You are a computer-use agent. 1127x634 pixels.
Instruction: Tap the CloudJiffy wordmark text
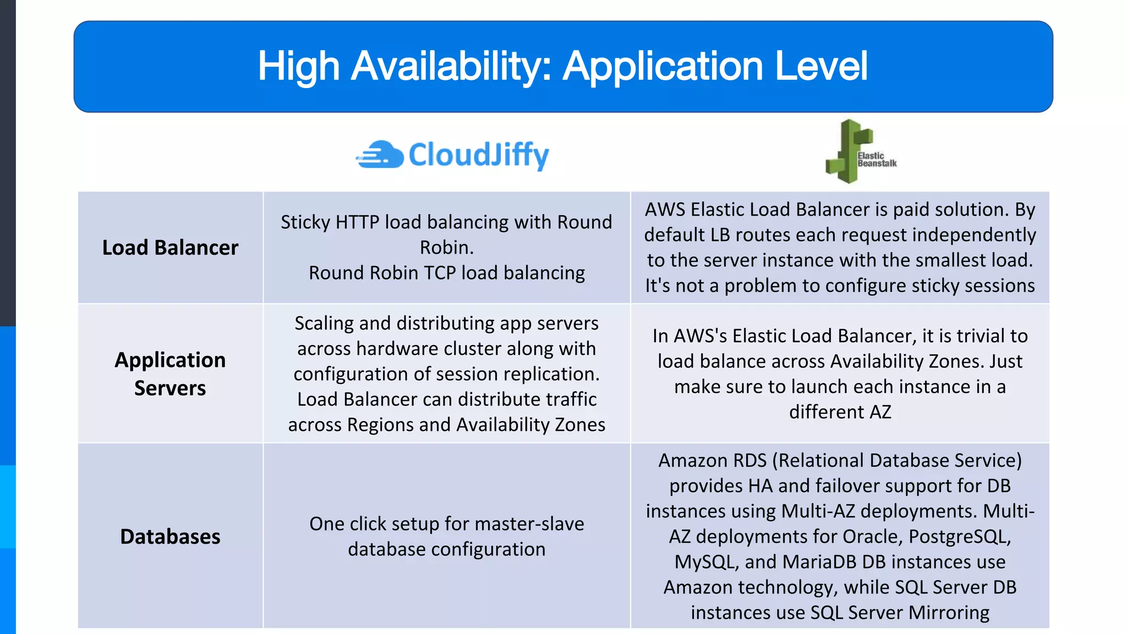[479, 155]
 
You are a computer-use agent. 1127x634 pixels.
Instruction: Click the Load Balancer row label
[170, 248]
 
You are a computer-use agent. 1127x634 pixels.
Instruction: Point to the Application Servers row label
[170, 374]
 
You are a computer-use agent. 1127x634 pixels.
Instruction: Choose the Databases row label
[170, 537]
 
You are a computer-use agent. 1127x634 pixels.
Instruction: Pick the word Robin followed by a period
[446, 248]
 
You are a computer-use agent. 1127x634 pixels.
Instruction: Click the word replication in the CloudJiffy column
[551, 374]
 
